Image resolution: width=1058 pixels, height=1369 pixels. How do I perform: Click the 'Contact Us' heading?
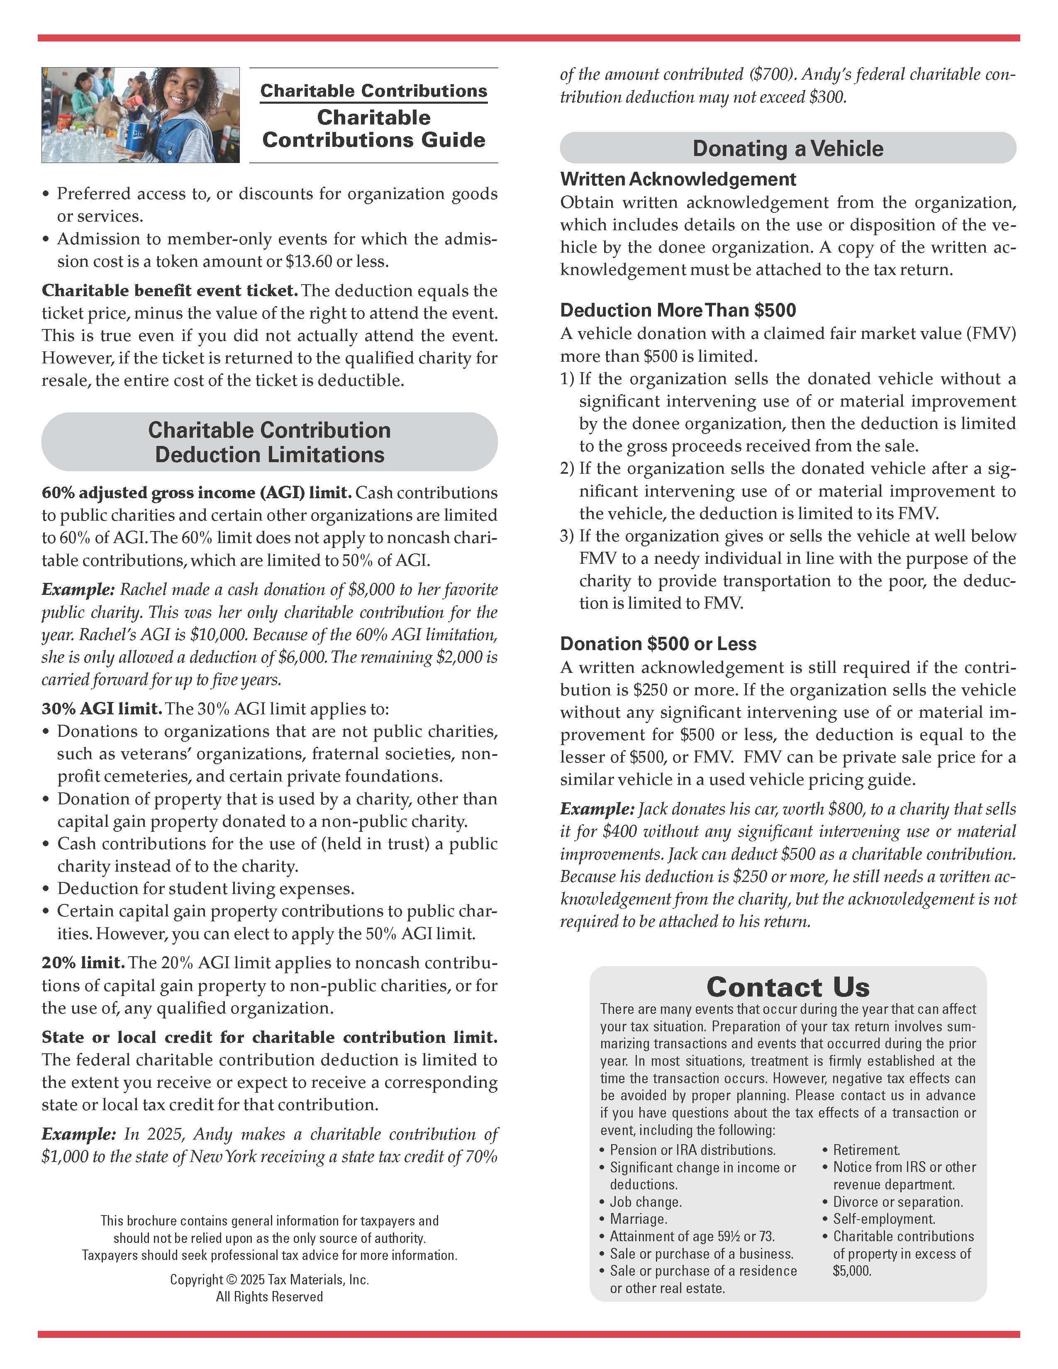tap(788, 987)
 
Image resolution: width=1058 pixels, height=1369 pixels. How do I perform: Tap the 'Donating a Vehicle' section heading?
tap(788, 149)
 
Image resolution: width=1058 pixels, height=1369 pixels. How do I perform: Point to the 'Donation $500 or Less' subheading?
tap(658, 644)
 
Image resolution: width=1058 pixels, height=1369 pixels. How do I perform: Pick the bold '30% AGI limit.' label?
tap(102, 709)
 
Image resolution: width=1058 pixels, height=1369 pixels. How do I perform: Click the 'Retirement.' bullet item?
tap(866, 1150)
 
